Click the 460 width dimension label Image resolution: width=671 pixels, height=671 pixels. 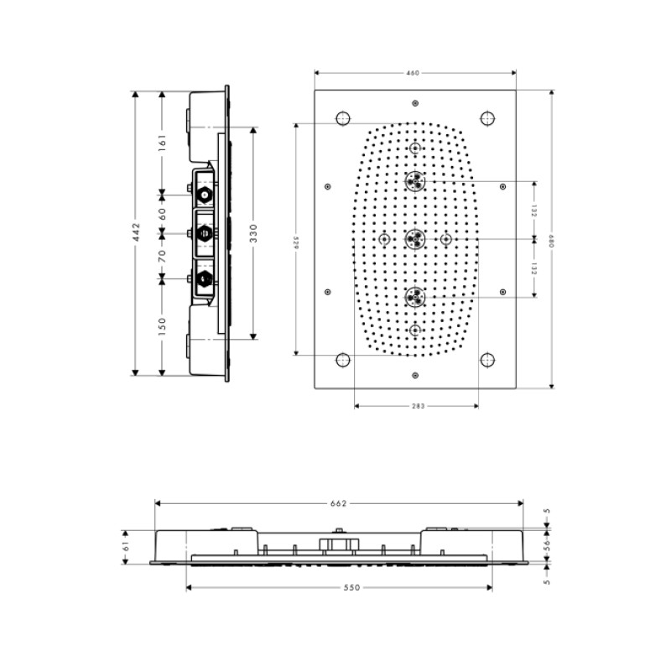point(413,73)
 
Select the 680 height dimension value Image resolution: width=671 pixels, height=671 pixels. point(551,240)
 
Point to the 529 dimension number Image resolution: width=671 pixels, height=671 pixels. point(295,240)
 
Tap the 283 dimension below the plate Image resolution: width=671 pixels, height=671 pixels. point(418,406)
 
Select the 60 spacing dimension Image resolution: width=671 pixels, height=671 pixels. point(162,213)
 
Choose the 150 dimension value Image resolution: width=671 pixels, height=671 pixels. point(162,324)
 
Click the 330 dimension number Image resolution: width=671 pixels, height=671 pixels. point(253,233)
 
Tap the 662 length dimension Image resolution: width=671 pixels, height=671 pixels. point(338,503)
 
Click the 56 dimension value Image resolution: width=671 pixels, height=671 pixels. point(546,544)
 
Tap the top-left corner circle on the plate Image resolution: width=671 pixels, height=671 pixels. point(342,119)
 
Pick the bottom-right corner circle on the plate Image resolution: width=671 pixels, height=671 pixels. point(487,360)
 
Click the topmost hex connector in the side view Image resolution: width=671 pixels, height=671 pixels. point(204,195)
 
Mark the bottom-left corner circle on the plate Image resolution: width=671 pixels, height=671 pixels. point(342,360)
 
